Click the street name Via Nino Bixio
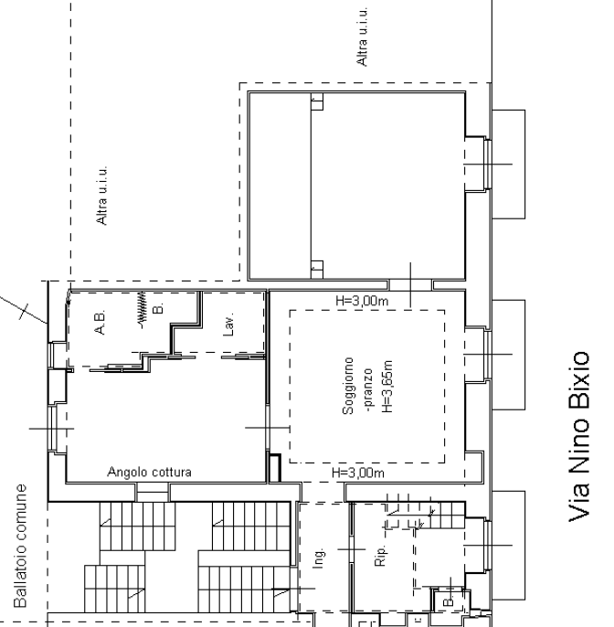[x=579, y=436]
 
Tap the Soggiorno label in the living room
[x=349, y=386]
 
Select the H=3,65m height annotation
[x=387, y=387]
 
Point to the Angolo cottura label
[x=149, y=473]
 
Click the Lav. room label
[x=228, y=324]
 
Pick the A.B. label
[x=100, y=322]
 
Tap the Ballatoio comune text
[x=20, y=546]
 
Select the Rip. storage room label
[x=380, y=554]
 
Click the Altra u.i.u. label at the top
[x=362, y=36]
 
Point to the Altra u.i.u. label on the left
[x=102, y=196]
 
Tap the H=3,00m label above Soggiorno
[x=362, y=301]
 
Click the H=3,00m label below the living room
[x=358, y=473]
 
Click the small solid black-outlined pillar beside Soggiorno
[x=275, y=468]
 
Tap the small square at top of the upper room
[x=317, y=101]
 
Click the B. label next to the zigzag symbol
[x=159, y=308]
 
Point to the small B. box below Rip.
[x=449, y=601]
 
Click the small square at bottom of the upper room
[x=317, y=269]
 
